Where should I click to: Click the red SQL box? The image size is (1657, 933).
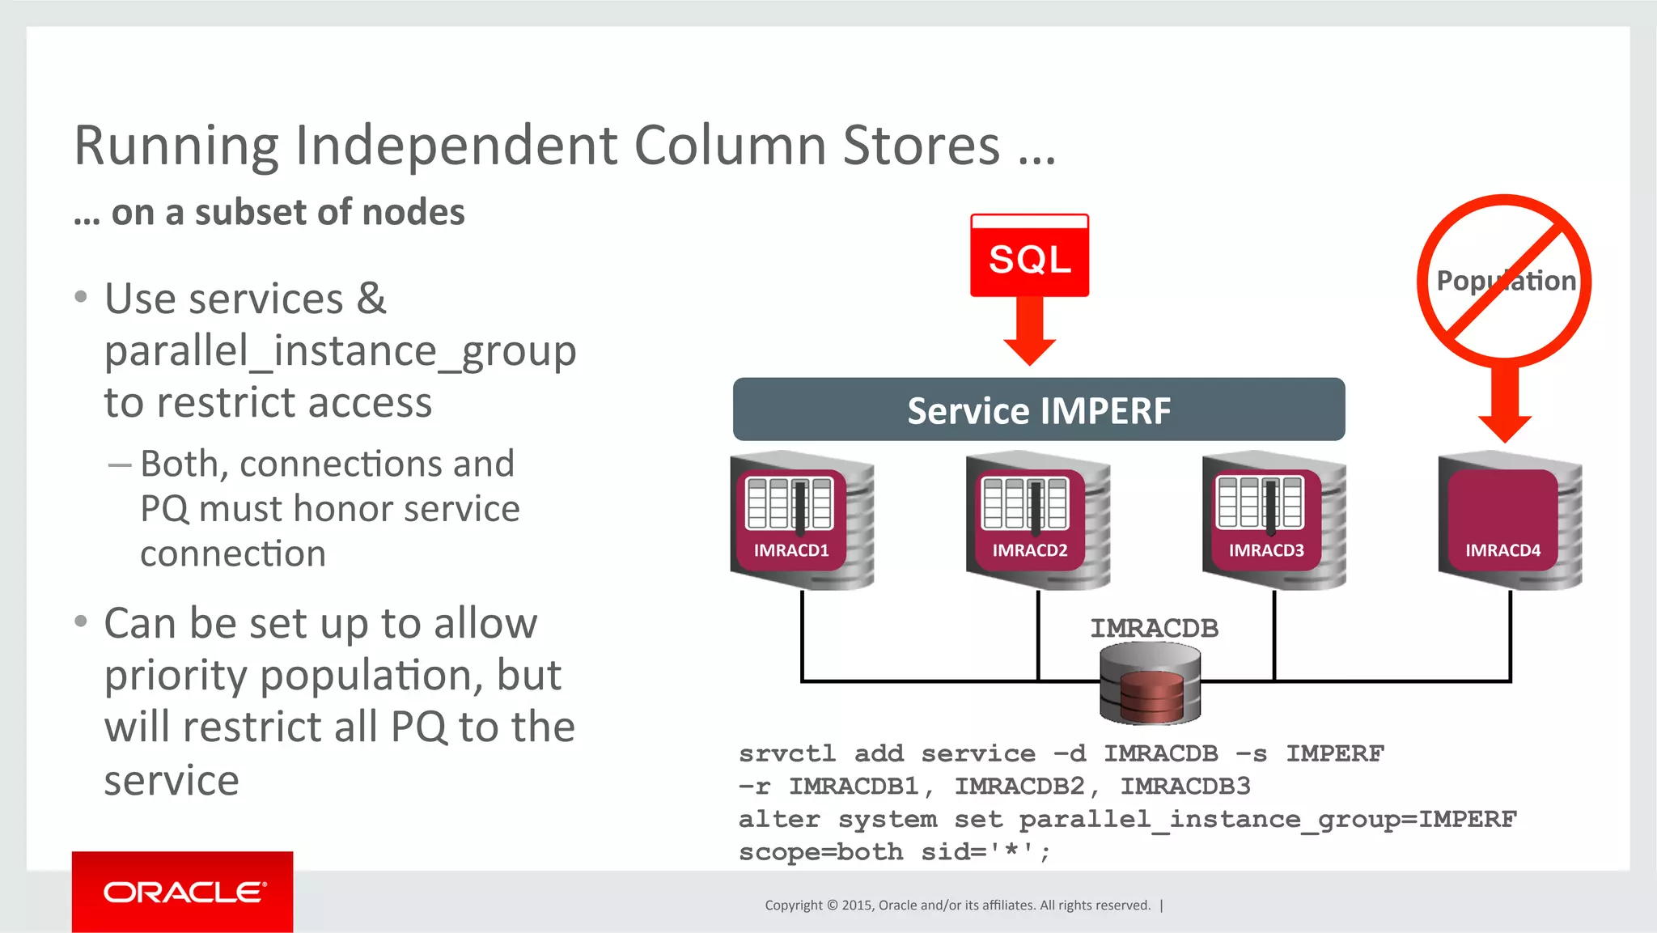(x=1029, y=257)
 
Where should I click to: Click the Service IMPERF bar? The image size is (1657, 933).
(x=1038, y=409)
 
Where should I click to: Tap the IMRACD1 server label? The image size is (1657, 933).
(x=790, y=550)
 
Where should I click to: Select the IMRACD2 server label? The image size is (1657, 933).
(x=1029, y=550)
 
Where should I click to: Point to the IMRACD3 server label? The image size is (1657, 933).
(x=1266, y=550)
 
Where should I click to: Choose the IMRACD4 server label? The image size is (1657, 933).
(x=1502, y=550)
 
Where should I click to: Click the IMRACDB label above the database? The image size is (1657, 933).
(x=1154, y=628)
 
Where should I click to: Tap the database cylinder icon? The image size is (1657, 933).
(x=1150, y=685)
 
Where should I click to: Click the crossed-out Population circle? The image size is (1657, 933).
(x=1504, y=279)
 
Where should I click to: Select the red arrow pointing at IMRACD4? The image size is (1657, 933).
(x=1504, y=405)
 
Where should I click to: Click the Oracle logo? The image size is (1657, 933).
(x=183, y=892)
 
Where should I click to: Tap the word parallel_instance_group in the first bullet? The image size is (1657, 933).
(x=340, y=351)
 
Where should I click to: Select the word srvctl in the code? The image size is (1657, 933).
(x=786, y=753)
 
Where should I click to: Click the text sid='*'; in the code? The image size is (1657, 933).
(x=985, y=852)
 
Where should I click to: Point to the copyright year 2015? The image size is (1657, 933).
(x=857, y=905)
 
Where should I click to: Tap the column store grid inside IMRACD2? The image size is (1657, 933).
(x=1024, y=503)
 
